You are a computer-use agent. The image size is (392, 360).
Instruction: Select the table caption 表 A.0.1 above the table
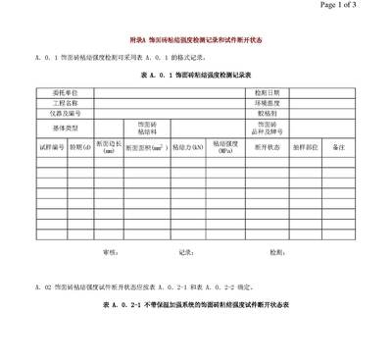pos(197,74)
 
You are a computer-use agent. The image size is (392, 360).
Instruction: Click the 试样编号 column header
pos(51,147)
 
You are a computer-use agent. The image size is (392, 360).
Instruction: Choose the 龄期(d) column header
pos(79,147)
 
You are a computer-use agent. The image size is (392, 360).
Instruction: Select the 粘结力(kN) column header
pos(187,147)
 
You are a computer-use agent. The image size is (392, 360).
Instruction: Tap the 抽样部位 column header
pos(306,147)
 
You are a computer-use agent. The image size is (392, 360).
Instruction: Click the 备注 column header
pos(340,147)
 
